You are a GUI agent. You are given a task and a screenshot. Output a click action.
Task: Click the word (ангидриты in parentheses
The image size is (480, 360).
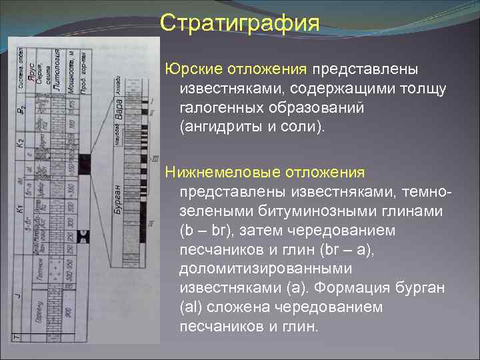(x=218, y=127)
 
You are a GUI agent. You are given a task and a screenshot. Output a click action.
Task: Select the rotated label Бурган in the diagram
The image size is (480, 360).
(x=118, y=199)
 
